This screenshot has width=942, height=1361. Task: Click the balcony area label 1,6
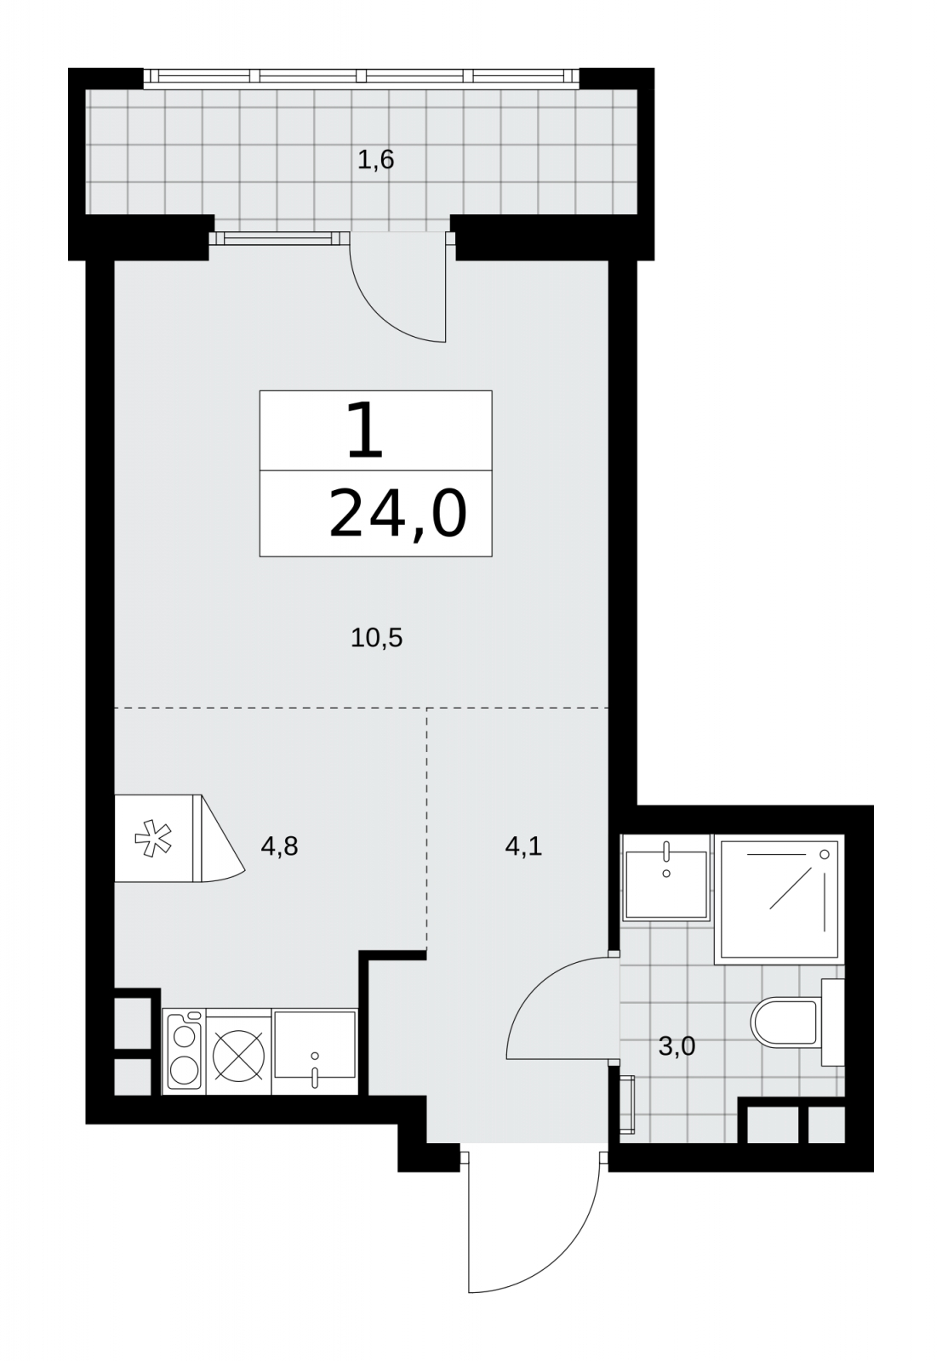[x=375, y=160]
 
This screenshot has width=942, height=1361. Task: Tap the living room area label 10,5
[x=376, y=638]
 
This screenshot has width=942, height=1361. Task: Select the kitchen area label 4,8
[x=279, y=846]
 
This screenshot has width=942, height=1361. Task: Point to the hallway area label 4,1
[x=523, y=846]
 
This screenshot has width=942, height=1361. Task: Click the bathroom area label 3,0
[x=677, y=1046]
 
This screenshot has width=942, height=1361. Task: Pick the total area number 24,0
[x=397, y=514]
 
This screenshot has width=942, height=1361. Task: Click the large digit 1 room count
[x=365, y=430]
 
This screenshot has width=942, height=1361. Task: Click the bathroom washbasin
[x=666, y=878]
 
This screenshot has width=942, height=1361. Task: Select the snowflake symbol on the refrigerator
[x=152, y=839]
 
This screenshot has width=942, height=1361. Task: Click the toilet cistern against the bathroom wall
[x=832, y=1022]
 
